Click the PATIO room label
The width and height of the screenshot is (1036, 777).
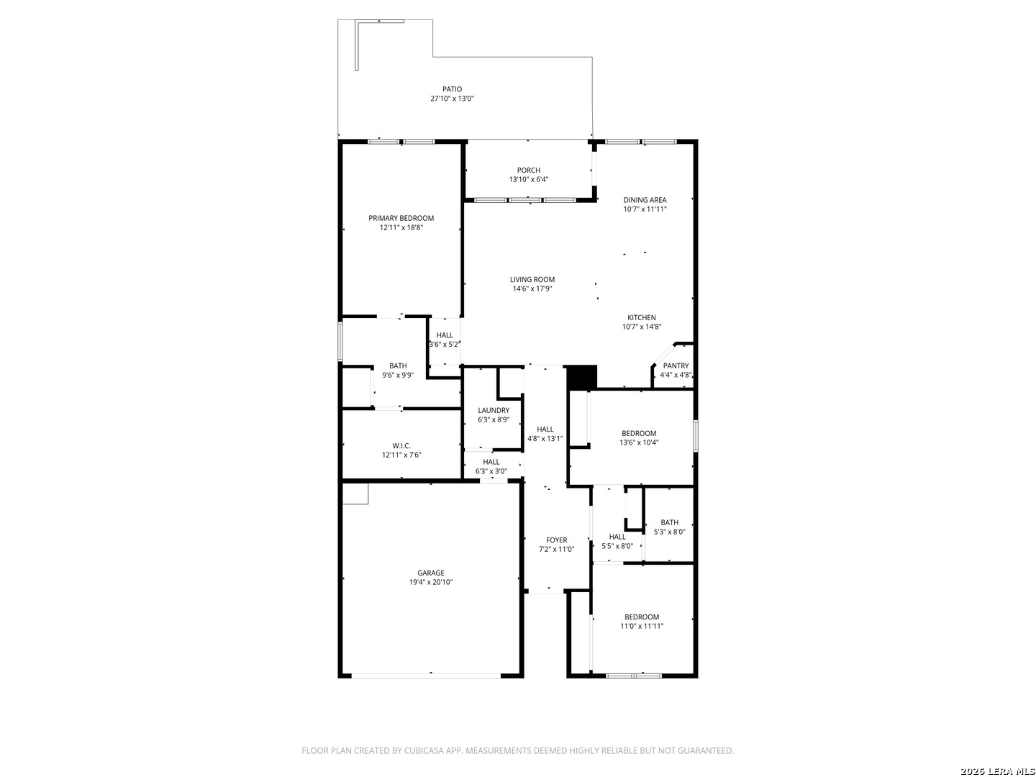pyautogui.click(x=452, y=88)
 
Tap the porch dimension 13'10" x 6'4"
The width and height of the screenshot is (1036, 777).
pyautogui.click(x=528, y=179)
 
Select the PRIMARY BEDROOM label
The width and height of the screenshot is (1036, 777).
pyautogui.click(x=401, y=218)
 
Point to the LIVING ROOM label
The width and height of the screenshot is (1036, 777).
pyautogui.click(x=532, y=279)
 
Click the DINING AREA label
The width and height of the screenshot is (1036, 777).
pyautogui.click(x=645, y=200)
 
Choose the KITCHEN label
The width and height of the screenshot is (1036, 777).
pyautogui.click(x=642, y=317)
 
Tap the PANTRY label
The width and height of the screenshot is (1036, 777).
pyautogui.click(x=676, y=365)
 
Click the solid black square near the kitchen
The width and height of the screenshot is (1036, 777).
pyautogui.click(x=581, y=377)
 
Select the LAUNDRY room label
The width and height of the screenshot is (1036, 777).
pyautogui.click(x=494, y=410)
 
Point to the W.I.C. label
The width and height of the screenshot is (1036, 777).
pyautogui.click(x=401, y=446)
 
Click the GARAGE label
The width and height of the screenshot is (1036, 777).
pyautogui.click(x=430, y=573)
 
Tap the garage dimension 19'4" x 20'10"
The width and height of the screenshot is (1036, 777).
pyautogui.click(x=430, y=582)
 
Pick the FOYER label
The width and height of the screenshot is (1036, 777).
pyautogui.click(x=556, y=540)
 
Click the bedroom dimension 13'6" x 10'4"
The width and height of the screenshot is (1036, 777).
pyautogui.click(x=639, y=442)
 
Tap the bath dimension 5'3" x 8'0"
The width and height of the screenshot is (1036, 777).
pyautogui.click(x=669, y=532)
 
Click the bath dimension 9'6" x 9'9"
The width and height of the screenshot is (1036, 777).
pyautogui.click(x=398, y=375)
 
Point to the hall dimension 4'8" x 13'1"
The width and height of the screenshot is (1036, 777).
pyautogui.click(x=545, y=438)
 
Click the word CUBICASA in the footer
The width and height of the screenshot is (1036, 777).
pyautogui.click(x=424, y=750)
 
